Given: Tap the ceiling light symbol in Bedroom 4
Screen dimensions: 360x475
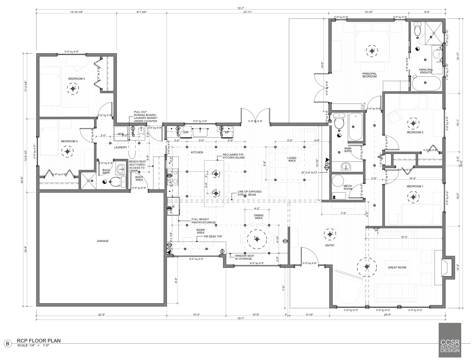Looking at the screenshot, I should pyautogui.click(x=74, y=88).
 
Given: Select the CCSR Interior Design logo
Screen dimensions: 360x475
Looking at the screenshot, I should pyautogui.click(x=450, y=340).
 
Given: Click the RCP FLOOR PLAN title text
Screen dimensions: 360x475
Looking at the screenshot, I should pyautogui.click(x=39, y=341).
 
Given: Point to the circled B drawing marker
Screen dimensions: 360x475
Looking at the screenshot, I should pyautogui.click(x=7, y=343).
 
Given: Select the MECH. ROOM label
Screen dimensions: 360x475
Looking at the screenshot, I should pyautogui.click(x=348, y=187).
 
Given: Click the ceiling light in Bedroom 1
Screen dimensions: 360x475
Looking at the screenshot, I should pyautogui.click(x=414, y=196).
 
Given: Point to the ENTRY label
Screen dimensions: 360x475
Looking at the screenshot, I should pyautogui.click(x=330, y=245).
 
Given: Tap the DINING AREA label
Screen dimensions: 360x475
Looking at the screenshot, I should pyautogui.click(x=258, y=217).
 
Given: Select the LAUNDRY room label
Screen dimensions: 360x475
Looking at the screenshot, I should pyautogui.click(x=120, y=147).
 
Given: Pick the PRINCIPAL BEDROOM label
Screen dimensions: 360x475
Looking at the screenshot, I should pyautogui.click(x=369, y=75).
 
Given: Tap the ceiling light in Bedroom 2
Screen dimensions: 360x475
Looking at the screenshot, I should pyautogui.click(x=414, y=123).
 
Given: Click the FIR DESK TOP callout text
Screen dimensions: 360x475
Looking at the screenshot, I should pyautogui.click(x=207, y=236).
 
